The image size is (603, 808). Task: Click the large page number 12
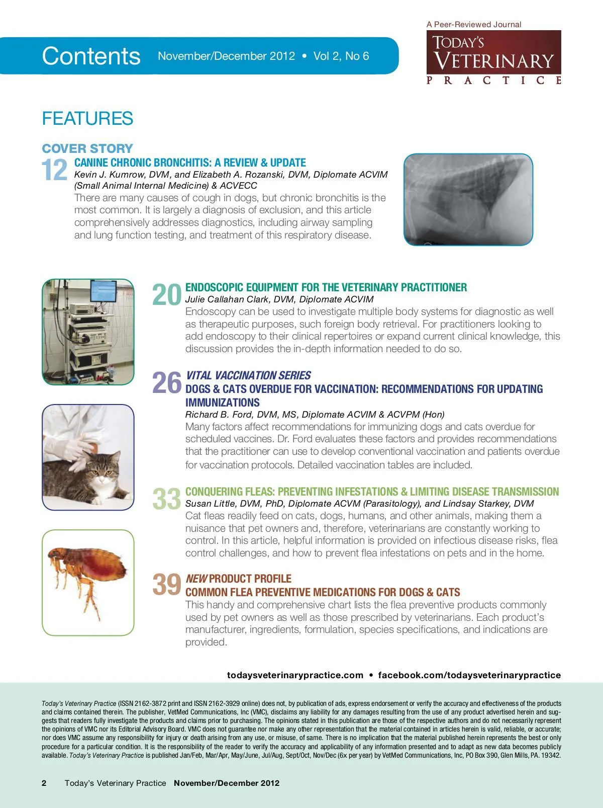click(x=54, y=170)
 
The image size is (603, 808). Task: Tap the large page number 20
click(x=166, y=295)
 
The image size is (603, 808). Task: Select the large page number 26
click(x=166, y=383)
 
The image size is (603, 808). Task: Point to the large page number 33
click(x=166, y=499)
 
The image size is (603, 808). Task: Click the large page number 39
click(x=166, y=585)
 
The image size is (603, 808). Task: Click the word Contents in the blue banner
click(x=91, y=56)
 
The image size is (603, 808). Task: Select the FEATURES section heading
click(x=87, y=119)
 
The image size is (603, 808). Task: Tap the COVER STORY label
click(x=87, y=148)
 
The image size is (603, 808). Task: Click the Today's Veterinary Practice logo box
click(x=493, y=52)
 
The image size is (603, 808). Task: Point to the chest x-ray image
click(x=468, y=200)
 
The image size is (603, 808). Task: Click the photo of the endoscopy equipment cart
click(x=88, y=332)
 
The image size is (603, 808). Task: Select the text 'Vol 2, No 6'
click(x=341, y=56)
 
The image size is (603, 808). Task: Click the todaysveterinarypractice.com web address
click(x=295, y=675)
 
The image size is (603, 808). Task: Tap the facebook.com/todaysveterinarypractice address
click(x=469, y=675)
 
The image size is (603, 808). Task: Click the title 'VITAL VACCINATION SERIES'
click(x=248, y=375)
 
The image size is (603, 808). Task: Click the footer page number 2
click(x=44, y=783)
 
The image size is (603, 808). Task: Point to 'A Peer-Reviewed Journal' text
click(x=474, y=24)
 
